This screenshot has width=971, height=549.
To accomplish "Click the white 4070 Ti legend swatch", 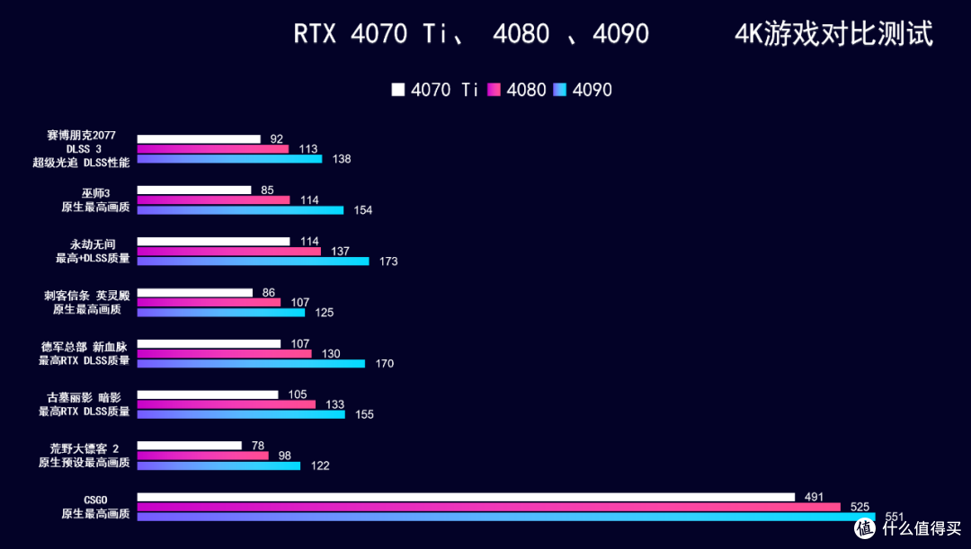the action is tap(398, 90).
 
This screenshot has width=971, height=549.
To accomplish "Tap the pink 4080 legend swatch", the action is tap(494, 90).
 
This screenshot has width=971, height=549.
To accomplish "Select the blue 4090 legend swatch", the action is tap(560, 90).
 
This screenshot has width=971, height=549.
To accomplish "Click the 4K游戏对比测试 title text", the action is tap(833, 33).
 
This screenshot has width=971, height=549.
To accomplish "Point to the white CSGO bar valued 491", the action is tap(466, 497).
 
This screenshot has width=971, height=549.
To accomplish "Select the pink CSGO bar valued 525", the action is tap(488, 507).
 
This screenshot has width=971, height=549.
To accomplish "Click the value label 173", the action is tap(388, 261).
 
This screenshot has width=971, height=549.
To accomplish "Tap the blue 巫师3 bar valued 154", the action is tap(240, 210).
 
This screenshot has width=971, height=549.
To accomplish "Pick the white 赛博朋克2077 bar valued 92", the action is tap(199, 139).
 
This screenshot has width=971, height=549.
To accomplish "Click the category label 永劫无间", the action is tap(93, 244).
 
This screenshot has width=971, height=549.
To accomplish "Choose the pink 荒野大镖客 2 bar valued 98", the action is tap(203, 456).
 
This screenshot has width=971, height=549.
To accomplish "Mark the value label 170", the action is tap(385, 363).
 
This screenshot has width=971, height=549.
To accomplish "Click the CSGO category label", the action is tap(95, 500).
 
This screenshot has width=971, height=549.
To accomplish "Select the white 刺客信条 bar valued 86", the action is tap(195, 293).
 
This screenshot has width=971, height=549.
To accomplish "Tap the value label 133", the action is tap(335, 404).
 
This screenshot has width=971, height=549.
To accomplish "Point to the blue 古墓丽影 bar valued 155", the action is tap(241, 415).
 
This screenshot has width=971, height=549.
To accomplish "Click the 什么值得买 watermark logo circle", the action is tap(865, 527).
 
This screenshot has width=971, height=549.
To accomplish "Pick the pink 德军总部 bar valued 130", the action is tap(224, 354).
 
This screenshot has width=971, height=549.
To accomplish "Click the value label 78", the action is tap(258, 446).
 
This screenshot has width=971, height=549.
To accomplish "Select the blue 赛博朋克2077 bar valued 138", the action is tap(230, 159).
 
